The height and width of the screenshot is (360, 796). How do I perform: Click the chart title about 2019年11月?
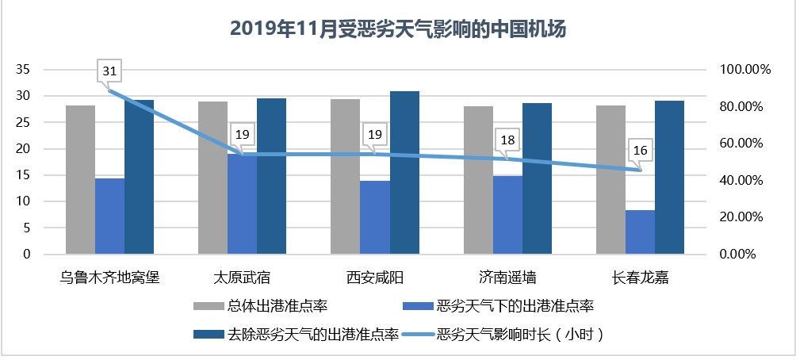(x=397, y=29)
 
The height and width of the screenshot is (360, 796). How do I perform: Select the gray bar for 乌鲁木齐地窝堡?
(x=80, y=180)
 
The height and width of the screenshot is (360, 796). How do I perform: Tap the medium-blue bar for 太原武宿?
(x=242, y=204)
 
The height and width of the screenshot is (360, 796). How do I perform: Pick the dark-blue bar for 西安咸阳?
(x=404, y=173)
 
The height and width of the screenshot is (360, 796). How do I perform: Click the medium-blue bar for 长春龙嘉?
(x=640, y=232)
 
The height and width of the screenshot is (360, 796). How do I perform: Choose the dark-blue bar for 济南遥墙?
(x=537, y=179)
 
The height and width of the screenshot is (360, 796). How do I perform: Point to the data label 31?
(x=110, y=72)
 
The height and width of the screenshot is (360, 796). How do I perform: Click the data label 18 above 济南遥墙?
(x=508, y=140)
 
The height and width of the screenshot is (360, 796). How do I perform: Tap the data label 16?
(x=640, y=150)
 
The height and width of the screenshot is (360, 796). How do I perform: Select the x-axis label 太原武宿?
(x=242, y=278)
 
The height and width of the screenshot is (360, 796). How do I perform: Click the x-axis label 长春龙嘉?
(x=640, y=278)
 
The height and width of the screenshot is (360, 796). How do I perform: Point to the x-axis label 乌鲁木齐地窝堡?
(x=110, y=278)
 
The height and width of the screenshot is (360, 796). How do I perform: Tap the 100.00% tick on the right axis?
(x=744, y=70)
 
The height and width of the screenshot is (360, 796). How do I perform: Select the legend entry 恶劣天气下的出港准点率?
(x=515, y=305)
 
